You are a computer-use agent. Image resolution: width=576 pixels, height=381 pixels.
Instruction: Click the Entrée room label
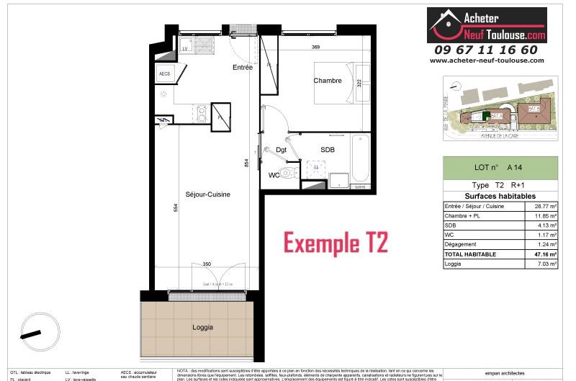tap(242, 67)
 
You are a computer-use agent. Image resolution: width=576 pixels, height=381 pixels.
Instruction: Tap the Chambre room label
tap(327, 81)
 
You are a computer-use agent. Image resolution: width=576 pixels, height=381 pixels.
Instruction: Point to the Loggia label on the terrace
tap(202, 327)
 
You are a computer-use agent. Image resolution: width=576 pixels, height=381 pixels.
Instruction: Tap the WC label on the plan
tap(274, 175)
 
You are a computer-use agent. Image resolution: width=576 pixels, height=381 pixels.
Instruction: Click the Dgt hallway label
tap(281, 150)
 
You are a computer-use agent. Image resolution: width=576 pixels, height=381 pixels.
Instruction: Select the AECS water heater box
tap(164, 73)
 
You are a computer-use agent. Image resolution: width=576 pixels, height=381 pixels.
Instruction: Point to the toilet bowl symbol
tap(289, 174)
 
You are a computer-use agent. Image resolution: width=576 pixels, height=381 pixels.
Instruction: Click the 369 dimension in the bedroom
tap(315, 48)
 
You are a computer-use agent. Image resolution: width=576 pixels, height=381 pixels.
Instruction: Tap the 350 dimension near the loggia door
tap(207, 264)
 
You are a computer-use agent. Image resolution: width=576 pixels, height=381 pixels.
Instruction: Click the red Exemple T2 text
tap(336, 243)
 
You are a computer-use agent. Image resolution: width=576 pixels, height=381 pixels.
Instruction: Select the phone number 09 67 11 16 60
tap(486, 50)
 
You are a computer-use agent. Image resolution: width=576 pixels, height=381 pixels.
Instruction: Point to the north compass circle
tap(35, 333)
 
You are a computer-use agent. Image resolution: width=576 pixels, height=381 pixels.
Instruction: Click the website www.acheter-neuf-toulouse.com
tap(487, 60)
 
